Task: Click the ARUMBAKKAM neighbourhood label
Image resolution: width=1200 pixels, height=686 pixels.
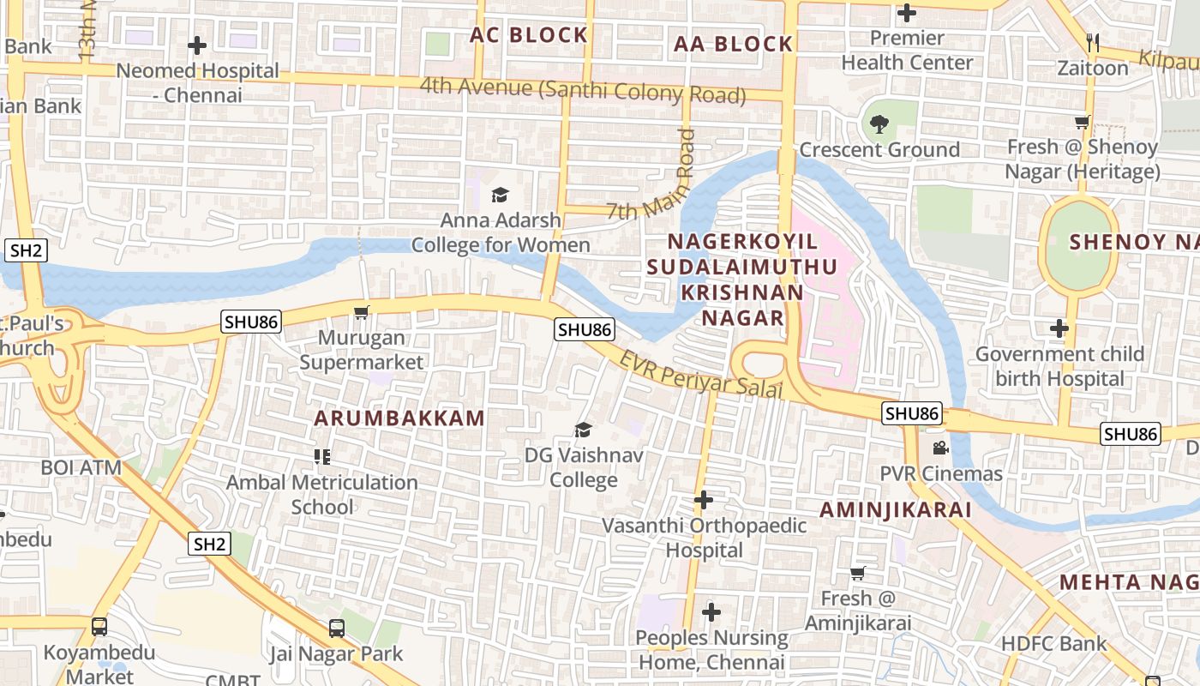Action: tap(399, 418)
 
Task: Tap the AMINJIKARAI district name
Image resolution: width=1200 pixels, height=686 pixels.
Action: tap(896, 510)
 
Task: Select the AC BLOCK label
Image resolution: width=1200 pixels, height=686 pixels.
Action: tap(529, 35)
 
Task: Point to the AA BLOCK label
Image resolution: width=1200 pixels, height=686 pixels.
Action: tap(733, 45)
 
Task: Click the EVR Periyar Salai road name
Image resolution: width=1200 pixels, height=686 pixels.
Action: tap(701, 375)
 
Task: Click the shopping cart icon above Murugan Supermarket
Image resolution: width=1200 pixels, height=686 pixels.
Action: tap(362, 312)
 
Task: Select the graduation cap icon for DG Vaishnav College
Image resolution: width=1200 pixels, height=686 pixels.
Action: tap(584, 430)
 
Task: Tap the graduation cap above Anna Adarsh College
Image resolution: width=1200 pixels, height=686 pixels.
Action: tap(501, 196)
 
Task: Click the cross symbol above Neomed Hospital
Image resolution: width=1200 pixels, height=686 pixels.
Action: tap(197, 45)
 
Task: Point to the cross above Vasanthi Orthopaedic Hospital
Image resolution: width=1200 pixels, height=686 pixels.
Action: tap(704, 500)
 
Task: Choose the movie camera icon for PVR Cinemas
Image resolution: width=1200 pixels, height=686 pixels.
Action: tap(940, 448)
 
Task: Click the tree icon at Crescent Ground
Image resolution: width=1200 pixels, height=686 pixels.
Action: tap(879, 125)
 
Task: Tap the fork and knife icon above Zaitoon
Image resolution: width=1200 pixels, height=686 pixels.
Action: tap(1092, 42)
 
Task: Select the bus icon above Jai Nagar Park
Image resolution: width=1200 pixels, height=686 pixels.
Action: tap(337, 629)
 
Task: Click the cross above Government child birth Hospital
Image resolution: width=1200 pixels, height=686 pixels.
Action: tap(1059, 328)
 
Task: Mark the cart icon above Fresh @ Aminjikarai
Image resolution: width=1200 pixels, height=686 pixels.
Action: tap(858, 573)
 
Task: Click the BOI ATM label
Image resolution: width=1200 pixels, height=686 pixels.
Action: tap(81, 468)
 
